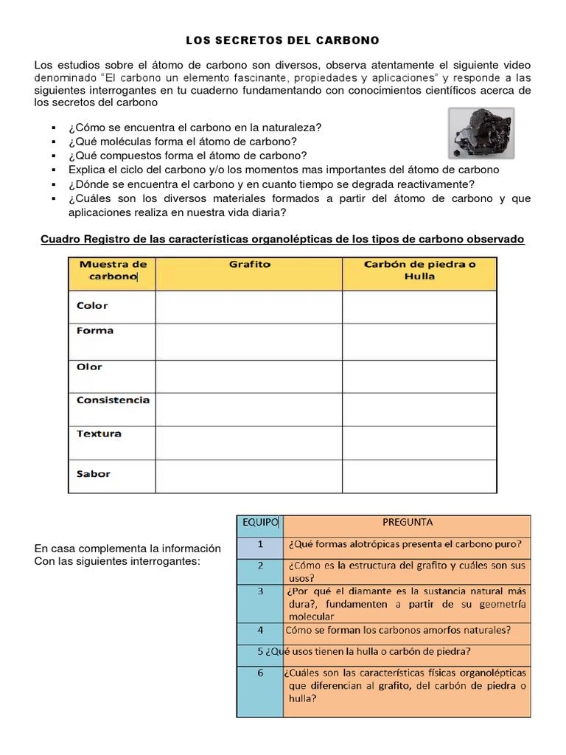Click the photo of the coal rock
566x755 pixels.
click(481, 133)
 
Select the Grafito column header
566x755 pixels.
click(249, 265)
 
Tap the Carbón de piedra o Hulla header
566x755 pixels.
click(419, 270)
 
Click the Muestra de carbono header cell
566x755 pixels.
click(112, 270)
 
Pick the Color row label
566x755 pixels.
click(92, 305)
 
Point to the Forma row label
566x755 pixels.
click(95, 331)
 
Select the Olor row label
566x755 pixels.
click(90, 366)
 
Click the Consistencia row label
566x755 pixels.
click(113, 400)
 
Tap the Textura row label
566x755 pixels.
click(99, 434)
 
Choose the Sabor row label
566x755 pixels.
click(94, 473)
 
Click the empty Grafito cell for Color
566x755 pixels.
click(249, 307)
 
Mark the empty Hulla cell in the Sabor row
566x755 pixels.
click(419, 476)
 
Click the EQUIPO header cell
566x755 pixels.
click(259, 523)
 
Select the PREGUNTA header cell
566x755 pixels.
click(407, 523)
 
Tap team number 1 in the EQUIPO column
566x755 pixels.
click(259, 545)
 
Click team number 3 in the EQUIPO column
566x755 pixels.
click(259, 591)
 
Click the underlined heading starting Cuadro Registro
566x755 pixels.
click(282, 240)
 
